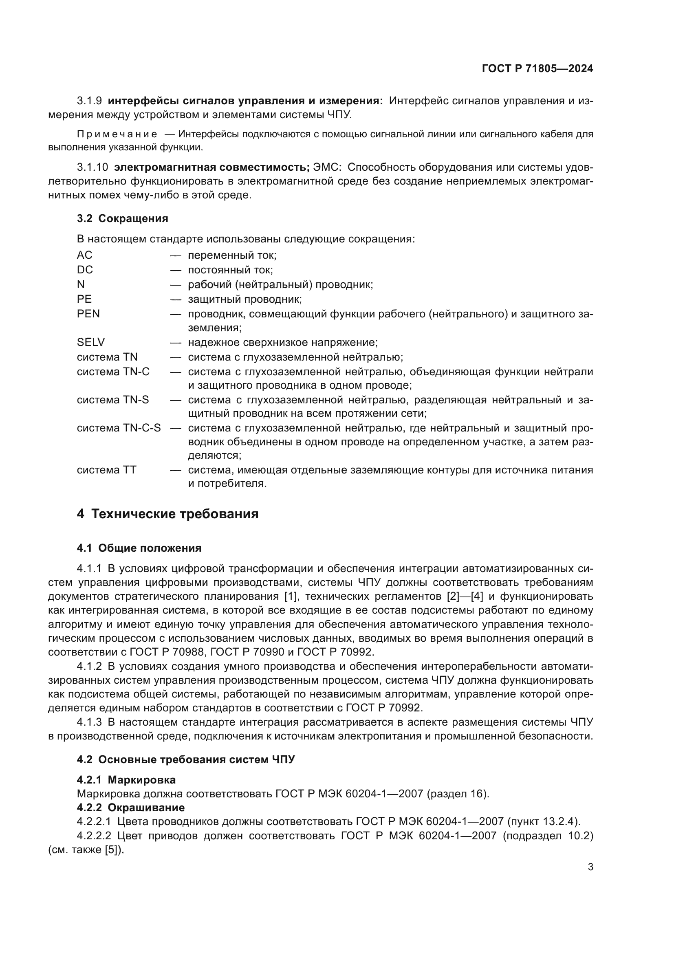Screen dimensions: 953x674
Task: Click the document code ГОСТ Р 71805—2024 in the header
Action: click(537, 69)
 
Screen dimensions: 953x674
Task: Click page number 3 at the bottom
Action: click(590, 867)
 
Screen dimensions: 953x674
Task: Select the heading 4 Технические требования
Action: click(167, 514)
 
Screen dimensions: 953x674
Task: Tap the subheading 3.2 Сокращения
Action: click(122, 218)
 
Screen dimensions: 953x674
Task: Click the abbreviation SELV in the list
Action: click(90, 342)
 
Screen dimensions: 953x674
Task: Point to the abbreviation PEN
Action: click(88, 314)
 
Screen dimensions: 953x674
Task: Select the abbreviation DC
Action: click(85, 270)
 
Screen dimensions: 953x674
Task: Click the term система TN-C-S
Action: click(119, 427)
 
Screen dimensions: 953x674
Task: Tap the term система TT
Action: click(106, 470)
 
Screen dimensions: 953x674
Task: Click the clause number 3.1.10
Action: click(92, 167)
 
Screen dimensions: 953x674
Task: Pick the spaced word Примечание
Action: click(117, 134)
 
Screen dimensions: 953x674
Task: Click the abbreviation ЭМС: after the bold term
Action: click(327, 167)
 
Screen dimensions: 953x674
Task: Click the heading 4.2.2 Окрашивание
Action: click(130, 807)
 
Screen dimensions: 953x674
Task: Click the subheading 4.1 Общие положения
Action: click(139, 548)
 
